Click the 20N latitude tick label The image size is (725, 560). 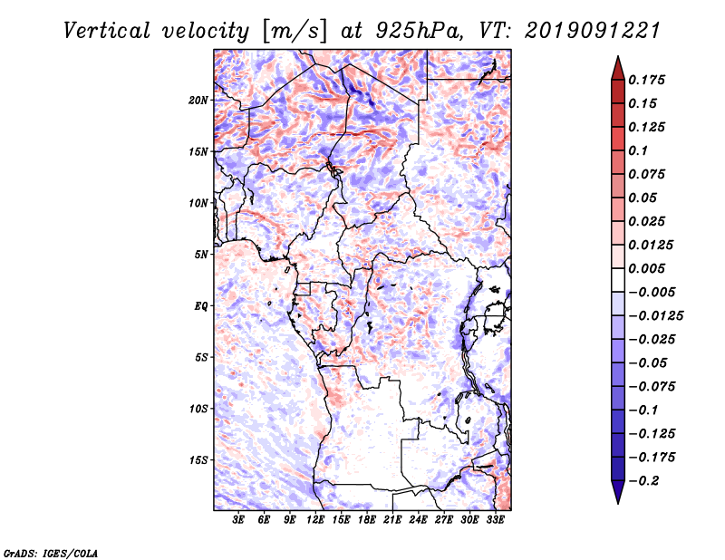[x=198, y=100]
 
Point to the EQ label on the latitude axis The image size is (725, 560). [x=200, y=305]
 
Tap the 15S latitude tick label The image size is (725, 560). [x=198, y=459]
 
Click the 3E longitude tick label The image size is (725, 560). [x=239, y=520]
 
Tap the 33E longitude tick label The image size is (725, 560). [x=496, y=520]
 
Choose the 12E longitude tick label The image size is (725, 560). [x=316, y=520]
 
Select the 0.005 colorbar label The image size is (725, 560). [x=648, y=268]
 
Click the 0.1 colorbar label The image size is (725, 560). [x=639, y=150]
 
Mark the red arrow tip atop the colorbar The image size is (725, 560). [x=617, y=61]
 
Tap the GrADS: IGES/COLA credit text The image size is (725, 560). [x=50, y=552]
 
